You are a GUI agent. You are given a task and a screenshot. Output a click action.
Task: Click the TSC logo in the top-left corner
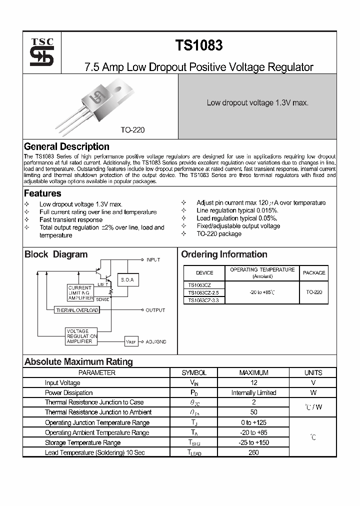(x=41, y=52)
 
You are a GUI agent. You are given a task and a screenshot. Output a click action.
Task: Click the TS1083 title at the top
(x=198, y=45)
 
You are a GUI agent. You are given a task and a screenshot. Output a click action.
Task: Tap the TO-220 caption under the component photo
(x=132, y=129)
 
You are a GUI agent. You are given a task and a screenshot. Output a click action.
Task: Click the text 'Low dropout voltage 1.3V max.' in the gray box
(x=257, y=102)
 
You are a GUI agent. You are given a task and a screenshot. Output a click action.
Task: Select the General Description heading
(x=66, y=146)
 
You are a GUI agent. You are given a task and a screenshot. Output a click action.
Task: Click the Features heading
(x=42, y=193)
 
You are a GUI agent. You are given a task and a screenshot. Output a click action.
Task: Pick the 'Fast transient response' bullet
(x=71, y=219)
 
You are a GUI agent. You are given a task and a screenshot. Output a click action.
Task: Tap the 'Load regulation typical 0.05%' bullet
(x=237, y=218)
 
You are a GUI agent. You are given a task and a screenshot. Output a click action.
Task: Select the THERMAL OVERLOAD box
(x=77, y=310)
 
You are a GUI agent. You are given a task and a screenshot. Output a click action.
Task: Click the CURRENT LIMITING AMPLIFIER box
(x=80, y=292)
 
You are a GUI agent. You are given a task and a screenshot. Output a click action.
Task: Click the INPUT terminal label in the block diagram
(x=153, y=259)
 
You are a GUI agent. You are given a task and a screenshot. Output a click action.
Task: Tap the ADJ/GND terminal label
(x=156, y=341)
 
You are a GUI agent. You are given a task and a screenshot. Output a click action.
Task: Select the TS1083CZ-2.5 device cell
(x=204, y=292)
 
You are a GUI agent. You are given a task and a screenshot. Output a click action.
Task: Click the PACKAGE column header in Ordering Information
(x=313, y=273)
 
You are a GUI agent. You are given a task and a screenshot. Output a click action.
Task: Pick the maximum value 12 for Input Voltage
(x=253, y=382)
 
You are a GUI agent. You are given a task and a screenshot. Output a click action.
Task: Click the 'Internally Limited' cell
(x=253, y=392)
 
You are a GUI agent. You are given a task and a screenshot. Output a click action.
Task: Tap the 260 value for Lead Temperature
(x=253, y=452)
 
